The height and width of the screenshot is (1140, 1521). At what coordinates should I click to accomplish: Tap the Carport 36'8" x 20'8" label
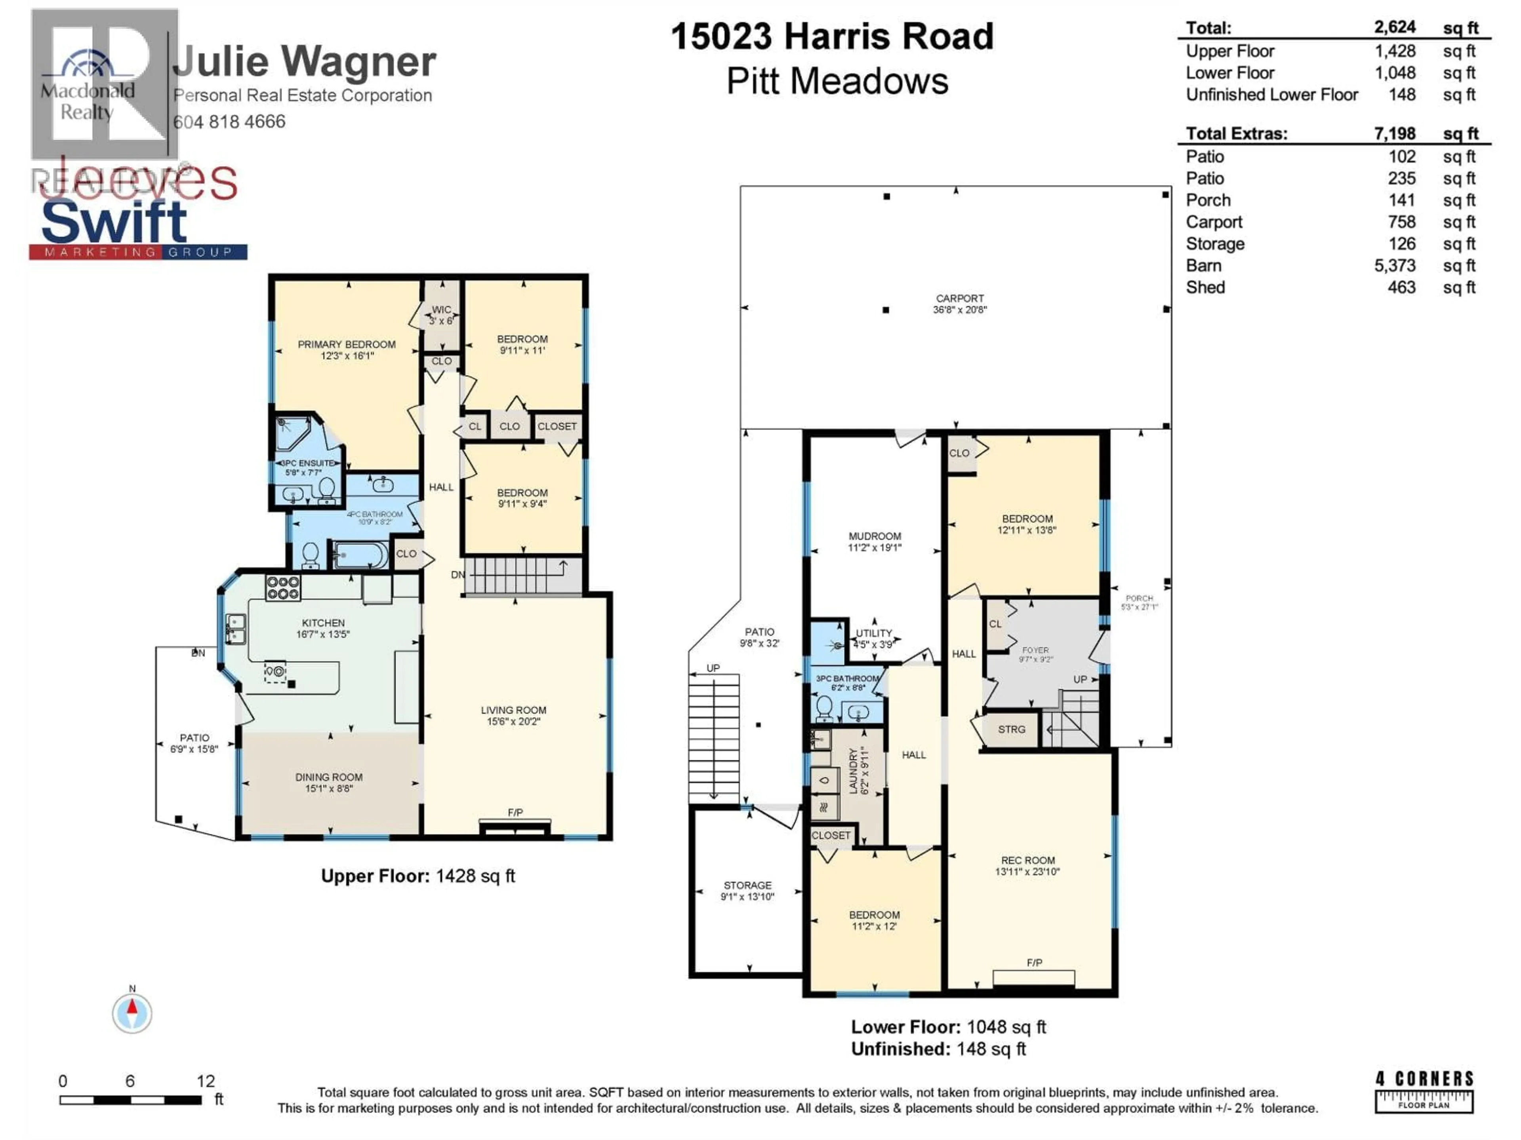tap(959, 304)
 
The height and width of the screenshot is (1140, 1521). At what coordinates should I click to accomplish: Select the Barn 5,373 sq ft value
tap(1395, 266)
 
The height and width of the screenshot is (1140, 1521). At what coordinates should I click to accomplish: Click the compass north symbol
tap(132, 1012)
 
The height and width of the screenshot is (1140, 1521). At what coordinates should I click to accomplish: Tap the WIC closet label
tap(442, 315)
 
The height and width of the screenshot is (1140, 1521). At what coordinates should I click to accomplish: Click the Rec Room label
tap(1027, 866)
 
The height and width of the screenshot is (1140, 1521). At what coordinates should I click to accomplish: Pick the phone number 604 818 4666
tap(230, 122)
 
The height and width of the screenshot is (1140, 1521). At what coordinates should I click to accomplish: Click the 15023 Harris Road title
tap(832, 36)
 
